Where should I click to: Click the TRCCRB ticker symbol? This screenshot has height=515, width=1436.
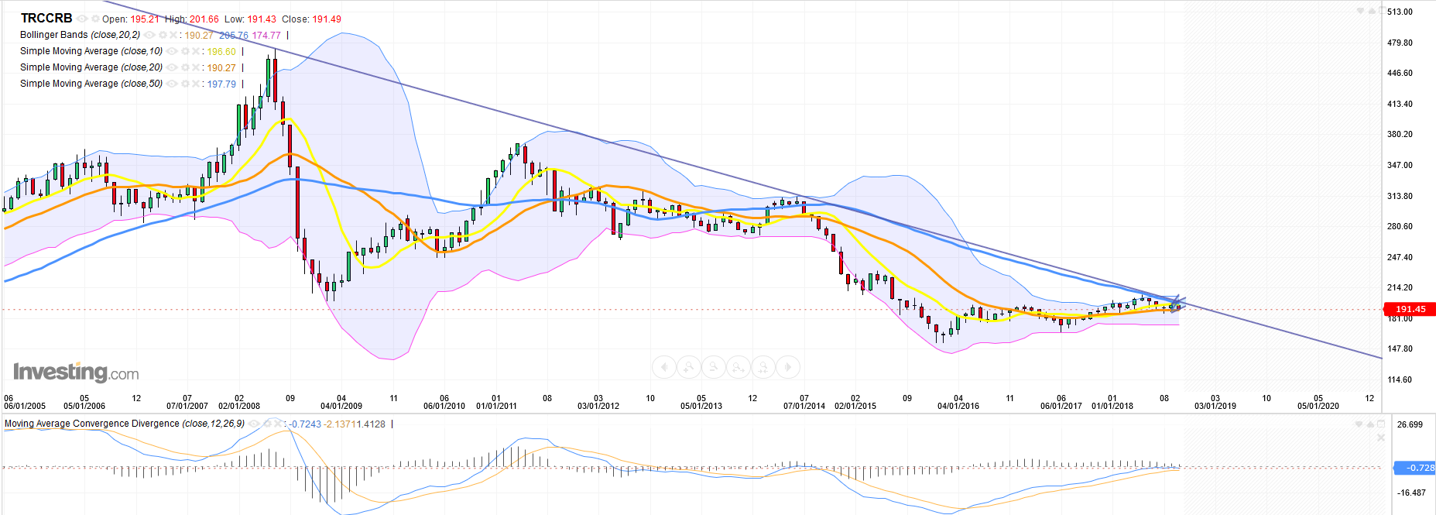[x=46, y=18]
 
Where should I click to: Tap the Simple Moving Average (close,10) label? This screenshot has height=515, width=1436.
[x=91, y=51]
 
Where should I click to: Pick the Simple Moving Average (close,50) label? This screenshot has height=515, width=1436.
[x=91, y=84]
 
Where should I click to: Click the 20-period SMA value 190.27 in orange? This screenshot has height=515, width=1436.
[x=221, y=68]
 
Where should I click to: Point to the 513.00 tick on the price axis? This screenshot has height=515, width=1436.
[x=1400, y=12]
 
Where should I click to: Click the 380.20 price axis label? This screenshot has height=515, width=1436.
[x=1400, y=134]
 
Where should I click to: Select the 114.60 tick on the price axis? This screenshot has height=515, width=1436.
[x=1400, y=379]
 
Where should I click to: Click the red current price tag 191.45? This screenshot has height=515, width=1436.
[x=1410, y=309]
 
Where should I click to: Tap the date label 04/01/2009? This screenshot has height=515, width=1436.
[x=341, y=406]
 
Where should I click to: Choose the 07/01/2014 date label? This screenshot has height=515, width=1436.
[x=804, y=406]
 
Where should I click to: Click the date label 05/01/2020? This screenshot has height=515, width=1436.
[x=1318, y=406]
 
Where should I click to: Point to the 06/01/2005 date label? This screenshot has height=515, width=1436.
[x=25, y=406]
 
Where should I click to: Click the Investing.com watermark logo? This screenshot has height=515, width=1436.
[x=76, y=372]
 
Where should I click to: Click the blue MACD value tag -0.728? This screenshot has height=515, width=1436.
[x=1414, y=468]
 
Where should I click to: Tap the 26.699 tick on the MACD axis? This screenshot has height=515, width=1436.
[x=1410, y=424]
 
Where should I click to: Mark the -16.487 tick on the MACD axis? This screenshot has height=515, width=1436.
[x=1410, y=493]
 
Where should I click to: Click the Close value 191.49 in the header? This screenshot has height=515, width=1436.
[x=326, y=19]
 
